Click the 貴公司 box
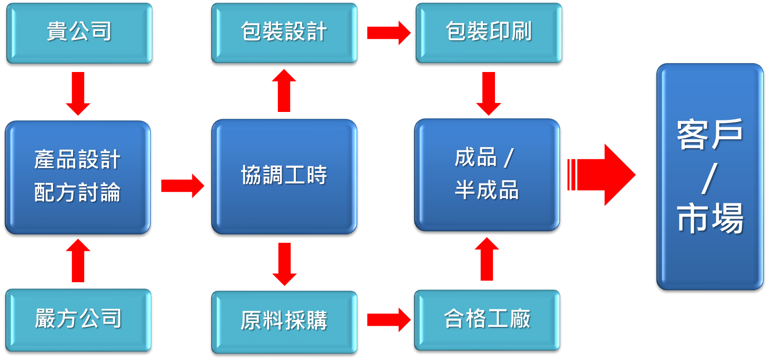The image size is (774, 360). click(79, 33)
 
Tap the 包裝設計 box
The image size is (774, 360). click(284, 33)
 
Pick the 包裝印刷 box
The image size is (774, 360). click(489, 33)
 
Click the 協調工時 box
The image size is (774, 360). click(284, 176)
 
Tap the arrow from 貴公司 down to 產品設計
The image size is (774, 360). click(78, 93)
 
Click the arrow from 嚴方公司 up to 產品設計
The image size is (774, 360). click(78, 260)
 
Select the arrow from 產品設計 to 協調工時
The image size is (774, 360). click(182, 186)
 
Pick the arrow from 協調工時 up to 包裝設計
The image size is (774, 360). click(284, 90)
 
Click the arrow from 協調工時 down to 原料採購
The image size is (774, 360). click(284, 263)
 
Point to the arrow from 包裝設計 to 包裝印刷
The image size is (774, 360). click(388, 33)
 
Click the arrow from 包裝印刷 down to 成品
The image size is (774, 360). click(488, 93)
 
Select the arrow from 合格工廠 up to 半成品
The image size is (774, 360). click(487, 259)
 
